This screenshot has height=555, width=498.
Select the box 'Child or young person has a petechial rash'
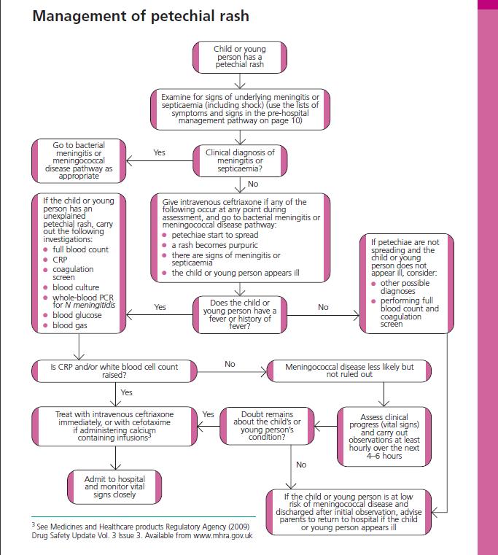[239, 57]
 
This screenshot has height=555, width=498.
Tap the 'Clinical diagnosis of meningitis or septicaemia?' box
[240, 161]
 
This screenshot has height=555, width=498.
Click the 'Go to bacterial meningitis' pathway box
[78, 161]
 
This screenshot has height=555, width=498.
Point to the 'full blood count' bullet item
[80, 249]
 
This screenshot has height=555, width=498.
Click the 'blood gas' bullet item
[72, 325]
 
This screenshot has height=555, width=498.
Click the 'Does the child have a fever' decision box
[240, 314]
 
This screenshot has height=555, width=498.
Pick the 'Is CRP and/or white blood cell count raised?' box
[115, 370]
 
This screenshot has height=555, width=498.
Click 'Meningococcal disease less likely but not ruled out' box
[343, 370]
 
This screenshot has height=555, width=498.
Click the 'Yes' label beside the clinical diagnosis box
[160, 153]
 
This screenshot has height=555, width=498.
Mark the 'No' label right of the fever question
[323, 307]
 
